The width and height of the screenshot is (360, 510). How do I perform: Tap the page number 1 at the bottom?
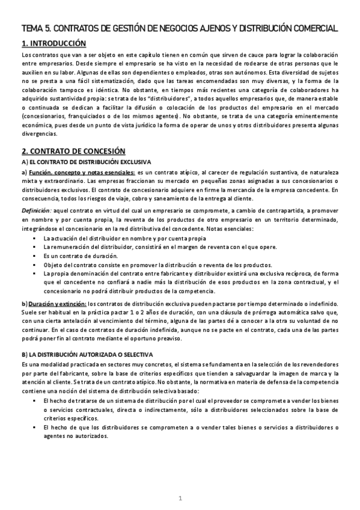[180, 498]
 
